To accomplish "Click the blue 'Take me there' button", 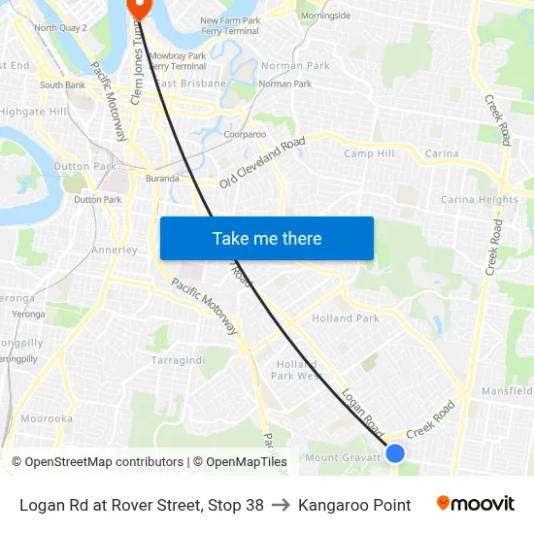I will (x=266, y=238).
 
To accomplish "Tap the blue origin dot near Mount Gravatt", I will (x=395, y=452).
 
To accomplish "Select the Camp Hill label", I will (x=369, y=153).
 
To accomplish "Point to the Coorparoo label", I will (x=245, y=135).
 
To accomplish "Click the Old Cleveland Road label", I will (x=262, y=162).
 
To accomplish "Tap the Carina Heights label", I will (x=480, y=200).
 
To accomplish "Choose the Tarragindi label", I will (x=178, y=360).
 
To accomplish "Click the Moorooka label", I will (x=47, y=418).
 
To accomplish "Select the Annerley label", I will (x=114, y=250).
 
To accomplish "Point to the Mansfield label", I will (x=506, y=391).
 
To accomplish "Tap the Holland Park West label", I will (x=296, y=370).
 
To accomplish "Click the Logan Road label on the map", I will (x=363, y=411).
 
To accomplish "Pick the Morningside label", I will (x=325, y=17).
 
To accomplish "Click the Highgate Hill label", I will (x=33, y=112).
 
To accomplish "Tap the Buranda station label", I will (x=161, y=179).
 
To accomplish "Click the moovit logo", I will (x=475, y=504).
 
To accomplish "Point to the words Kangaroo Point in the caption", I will (x=354, y=505).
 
